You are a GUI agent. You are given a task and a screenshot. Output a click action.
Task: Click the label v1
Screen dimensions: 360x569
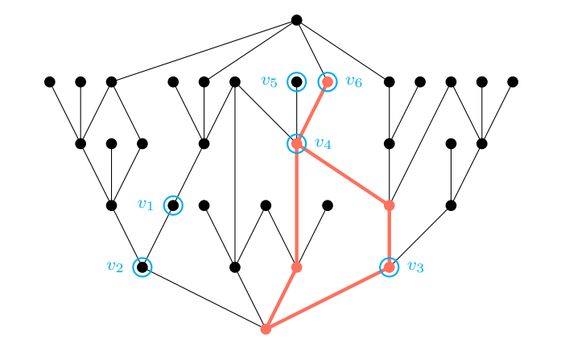pos(145,205)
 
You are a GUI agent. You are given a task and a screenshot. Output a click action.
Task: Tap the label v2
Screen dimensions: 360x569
pos(114,266)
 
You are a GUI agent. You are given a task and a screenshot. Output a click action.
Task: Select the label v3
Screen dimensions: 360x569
pos(415,267)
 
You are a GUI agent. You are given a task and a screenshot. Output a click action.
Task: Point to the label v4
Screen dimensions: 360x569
pos(323,143)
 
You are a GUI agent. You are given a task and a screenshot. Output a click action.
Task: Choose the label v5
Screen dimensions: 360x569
pos(269,81)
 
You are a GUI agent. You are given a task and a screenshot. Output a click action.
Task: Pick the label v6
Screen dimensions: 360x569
pos(353,81)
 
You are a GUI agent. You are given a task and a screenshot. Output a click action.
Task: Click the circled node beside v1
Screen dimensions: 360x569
pos(173,205)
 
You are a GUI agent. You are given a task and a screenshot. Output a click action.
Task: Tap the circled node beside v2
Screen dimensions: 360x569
pos(142,267)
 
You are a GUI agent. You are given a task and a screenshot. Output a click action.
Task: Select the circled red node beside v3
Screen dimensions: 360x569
pos(390,267)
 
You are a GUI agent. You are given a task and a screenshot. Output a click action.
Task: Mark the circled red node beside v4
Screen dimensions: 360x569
pos(297,143)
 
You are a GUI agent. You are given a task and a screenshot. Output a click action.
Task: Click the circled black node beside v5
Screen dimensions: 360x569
pos(297,81)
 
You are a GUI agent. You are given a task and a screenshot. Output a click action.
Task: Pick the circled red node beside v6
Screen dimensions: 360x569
pos(328,81)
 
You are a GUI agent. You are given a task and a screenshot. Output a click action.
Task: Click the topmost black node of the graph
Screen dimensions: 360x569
pos(297,19)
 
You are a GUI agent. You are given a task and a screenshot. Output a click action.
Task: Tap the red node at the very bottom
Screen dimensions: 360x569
pos(266,329)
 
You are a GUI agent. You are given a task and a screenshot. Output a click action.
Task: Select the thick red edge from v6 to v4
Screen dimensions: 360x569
pos(312,113)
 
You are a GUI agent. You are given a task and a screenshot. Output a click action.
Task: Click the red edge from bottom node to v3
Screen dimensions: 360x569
pos(328,298)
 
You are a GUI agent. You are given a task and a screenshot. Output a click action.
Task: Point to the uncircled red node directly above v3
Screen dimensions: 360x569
pos(390,205)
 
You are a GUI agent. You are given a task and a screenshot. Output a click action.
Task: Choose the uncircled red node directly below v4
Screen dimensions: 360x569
pos(297,267)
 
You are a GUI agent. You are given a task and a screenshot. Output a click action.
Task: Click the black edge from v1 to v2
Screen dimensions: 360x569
pos(158,236)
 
